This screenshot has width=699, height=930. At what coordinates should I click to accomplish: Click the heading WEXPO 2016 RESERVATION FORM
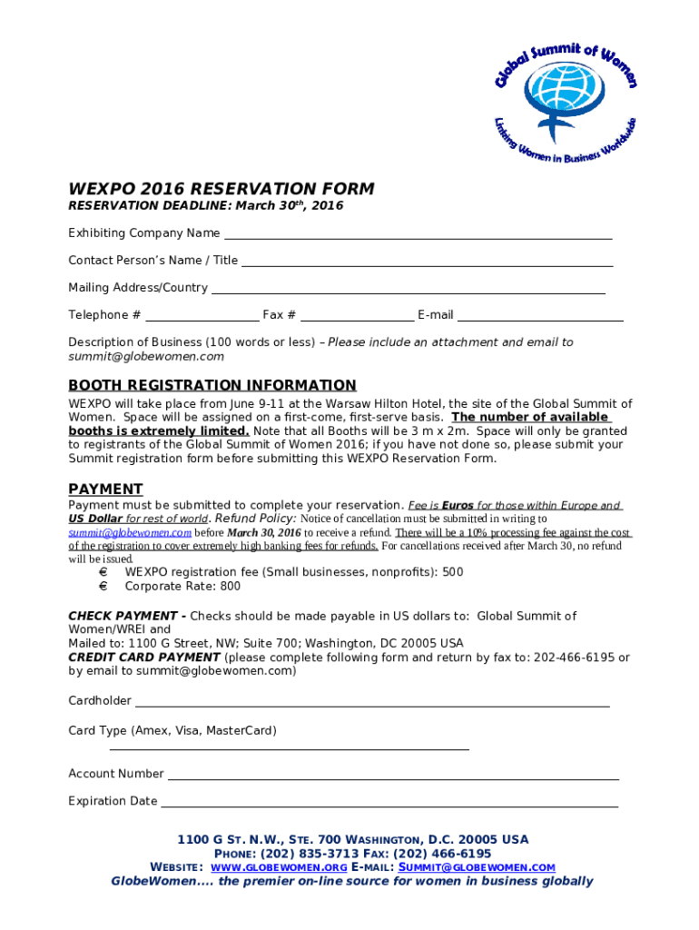pos(222,189)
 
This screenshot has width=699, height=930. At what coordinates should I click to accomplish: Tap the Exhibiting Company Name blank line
pos(418,237)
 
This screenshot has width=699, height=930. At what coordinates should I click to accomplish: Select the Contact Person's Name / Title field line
pos(427,264)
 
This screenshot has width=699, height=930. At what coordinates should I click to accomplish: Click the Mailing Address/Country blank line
pos(408,292)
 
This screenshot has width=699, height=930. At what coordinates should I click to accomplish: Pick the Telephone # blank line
pos(202,320)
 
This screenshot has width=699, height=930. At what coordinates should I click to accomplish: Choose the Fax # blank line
pos(357,320)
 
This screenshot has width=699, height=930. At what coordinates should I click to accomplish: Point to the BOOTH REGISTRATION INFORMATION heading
pos(212,385)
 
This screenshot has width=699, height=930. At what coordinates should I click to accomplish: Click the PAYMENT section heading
pos(105,489)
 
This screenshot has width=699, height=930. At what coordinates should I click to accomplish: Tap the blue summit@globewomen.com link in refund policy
pos(130,532)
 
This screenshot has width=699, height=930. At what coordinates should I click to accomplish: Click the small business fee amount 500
pos(453,572)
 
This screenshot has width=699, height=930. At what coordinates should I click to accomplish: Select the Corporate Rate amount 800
pos(230,587)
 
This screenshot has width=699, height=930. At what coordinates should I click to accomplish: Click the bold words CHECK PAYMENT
pos(123,616)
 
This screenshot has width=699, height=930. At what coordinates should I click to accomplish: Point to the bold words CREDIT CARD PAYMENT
pos(144,657)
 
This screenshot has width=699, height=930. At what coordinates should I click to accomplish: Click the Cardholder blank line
pos(372,705)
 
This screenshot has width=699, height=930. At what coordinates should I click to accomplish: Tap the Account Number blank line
pos(393,778)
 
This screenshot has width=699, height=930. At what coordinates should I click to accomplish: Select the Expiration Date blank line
pos(389,806)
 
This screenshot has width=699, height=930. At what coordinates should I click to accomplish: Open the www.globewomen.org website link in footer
pos(278,867)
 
